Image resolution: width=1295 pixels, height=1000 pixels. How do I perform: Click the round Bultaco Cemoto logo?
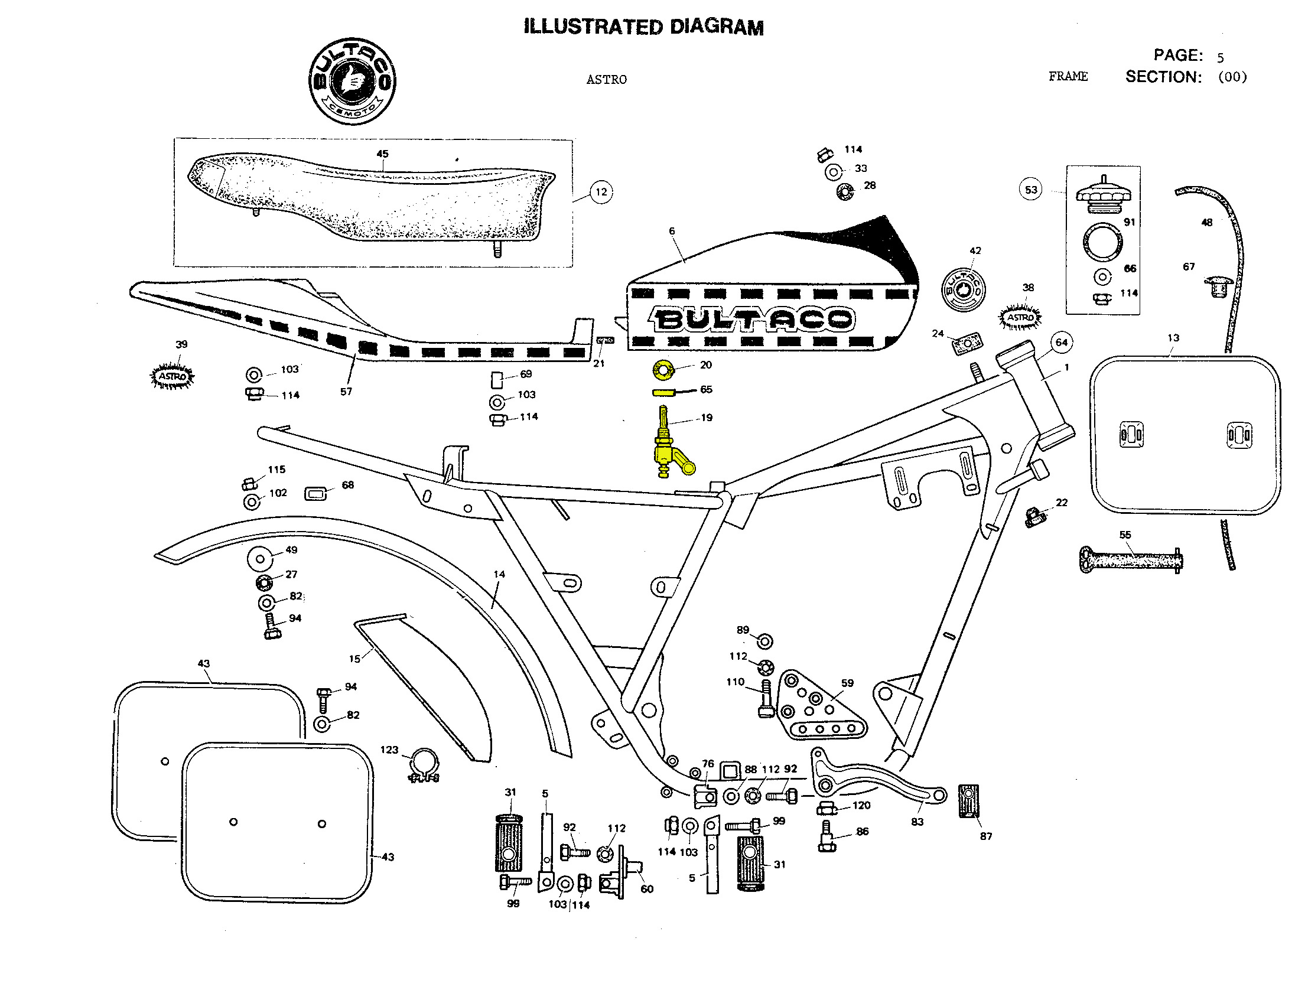tap(352, 81)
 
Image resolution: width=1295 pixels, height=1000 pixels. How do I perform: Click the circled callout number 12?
tap(601, 192)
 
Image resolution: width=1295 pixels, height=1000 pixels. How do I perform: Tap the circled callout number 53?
tap(1031, 190)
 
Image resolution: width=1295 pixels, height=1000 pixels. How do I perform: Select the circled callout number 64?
tap(1062, 343)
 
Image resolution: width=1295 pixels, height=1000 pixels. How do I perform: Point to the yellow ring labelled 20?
tap(663, 370)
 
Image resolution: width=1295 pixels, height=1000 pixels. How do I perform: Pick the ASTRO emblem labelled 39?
tap(173, 376)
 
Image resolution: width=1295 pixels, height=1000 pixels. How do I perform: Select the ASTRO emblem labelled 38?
tap(1020, 317)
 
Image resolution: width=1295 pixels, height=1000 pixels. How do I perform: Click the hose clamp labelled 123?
tap(424, 766)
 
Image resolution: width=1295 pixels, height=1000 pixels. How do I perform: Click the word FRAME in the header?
tap(1068, 76)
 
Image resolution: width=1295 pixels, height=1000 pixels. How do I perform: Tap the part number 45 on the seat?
tap(382, 154)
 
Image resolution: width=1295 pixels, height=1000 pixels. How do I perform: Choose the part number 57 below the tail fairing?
tap(346, 392)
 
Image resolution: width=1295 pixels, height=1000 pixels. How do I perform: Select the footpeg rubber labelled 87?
tap(968, 801)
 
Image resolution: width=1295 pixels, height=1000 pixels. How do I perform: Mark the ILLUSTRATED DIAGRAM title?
tap(643, 27)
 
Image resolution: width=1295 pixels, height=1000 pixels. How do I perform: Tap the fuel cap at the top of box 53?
tap(1103, 196)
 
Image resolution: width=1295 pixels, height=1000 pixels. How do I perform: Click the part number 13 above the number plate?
tap(1173, 338)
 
